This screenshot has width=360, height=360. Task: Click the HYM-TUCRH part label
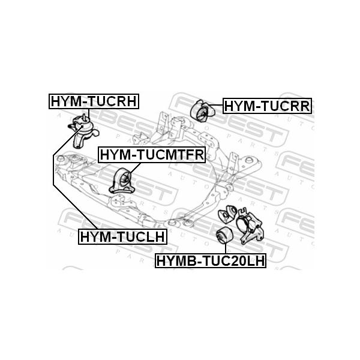coord(94,101)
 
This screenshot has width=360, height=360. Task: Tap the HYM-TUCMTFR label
coord(152,155)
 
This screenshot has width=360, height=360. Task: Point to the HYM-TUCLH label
coord(122,236)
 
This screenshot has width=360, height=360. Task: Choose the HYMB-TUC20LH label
coord(210,261)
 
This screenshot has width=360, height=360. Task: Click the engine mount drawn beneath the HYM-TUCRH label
coord(82,130)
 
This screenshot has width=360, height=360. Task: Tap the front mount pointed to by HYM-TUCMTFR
coord(122,181)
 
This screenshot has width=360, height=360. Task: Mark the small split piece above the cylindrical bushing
coord(227,215)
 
